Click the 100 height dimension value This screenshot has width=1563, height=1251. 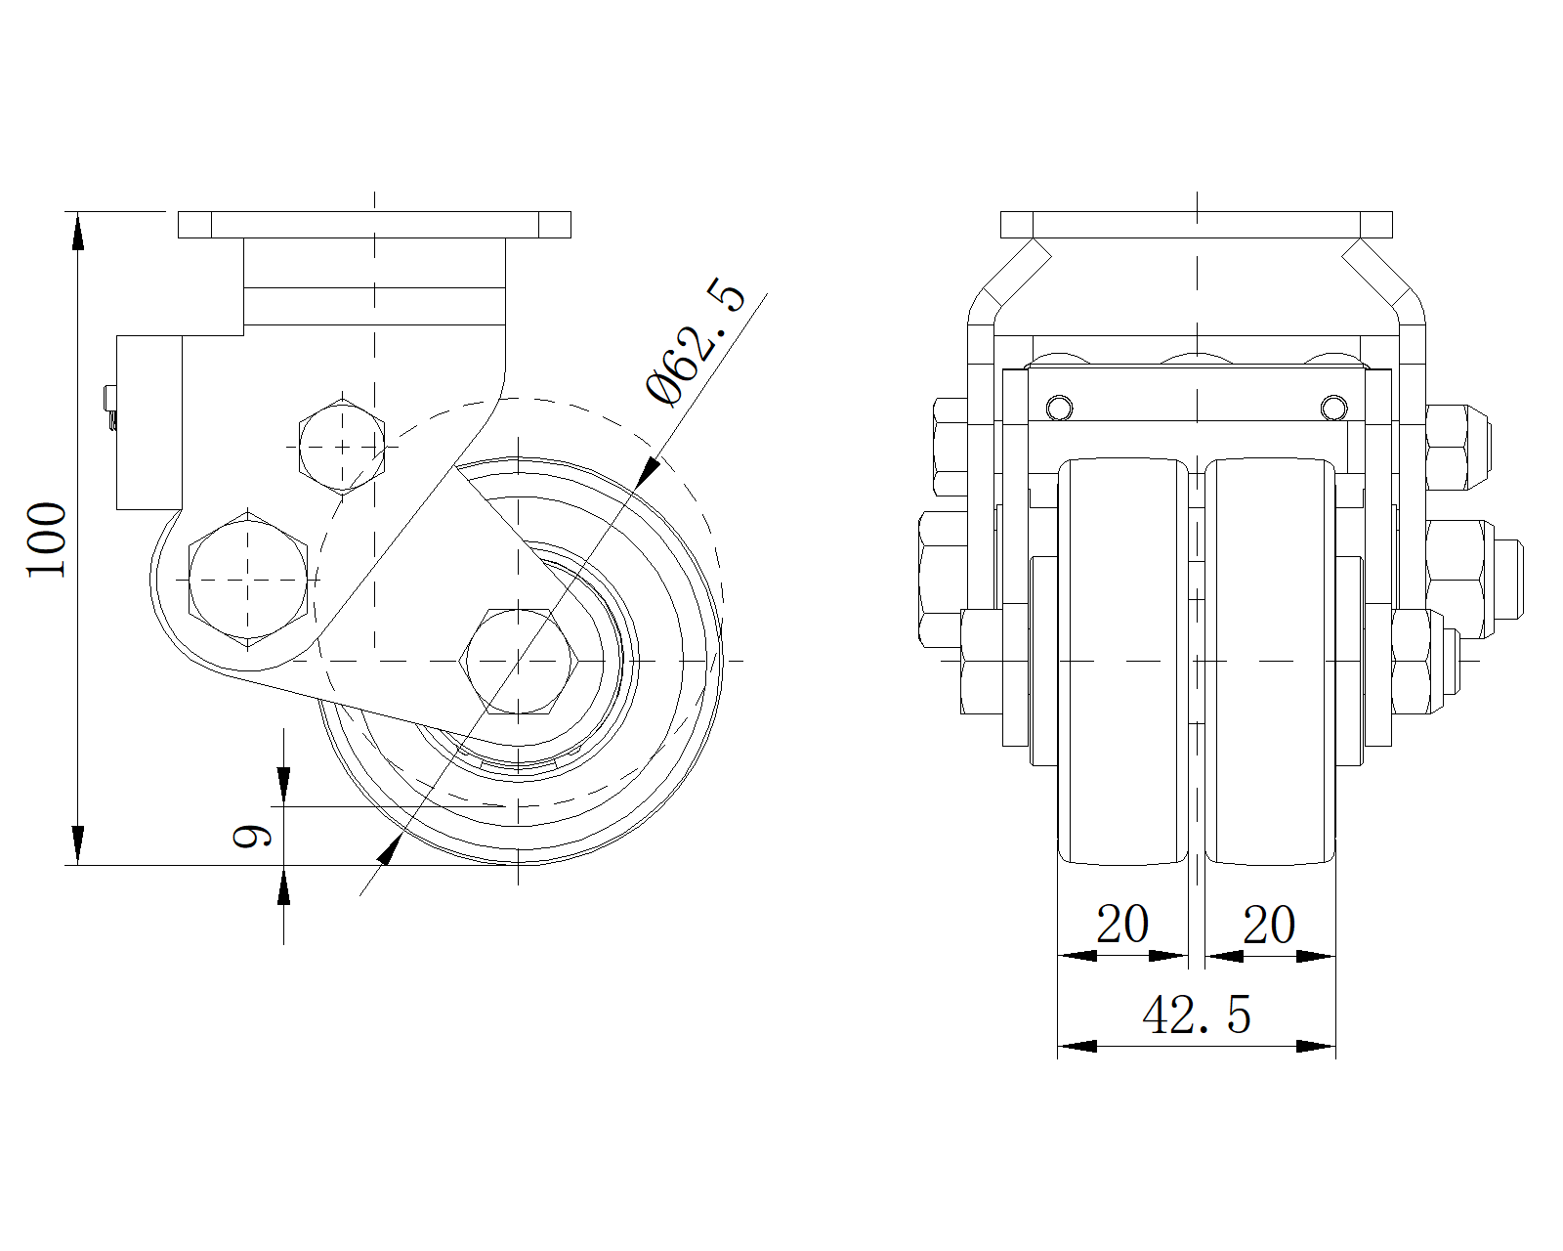47,539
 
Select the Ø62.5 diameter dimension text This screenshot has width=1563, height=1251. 696,343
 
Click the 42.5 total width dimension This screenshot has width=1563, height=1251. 1196,1015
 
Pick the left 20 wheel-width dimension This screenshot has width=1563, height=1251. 1122,924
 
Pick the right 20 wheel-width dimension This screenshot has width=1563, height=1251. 1269,924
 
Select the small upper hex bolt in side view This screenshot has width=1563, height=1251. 342,446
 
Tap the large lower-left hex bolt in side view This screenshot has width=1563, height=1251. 249,579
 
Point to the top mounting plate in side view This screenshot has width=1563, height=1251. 374,225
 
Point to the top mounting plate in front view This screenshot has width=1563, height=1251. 1197,225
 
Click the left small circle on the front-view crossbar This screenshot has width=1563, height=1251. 1059,406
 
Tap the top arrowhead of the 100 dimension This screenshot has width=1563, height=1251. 77,231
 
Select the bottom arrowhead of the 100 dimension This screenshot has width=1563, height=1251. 77,845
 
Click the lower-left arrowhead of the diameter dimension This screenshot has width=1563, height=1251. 389,849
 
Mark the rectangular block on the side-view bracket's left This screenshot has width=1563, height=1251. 148,422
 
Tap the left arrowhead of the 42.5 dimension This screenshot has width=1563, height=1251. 1076,1047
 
